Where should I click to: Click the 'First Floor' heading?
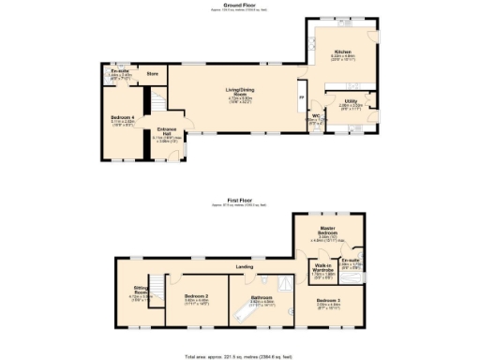[240, 201]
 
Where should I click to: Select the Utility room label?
[349, 101]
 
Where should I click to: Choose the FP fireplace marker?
[301, 97]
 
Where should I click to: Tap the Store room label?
[152, 72]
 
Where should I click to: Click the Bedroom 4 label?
[122, 117]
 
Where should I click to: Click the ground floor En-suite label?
[119, 71]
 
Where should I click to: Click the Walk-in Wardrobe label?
[323, 269]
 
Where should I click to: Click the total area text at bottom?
[240, 355]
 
